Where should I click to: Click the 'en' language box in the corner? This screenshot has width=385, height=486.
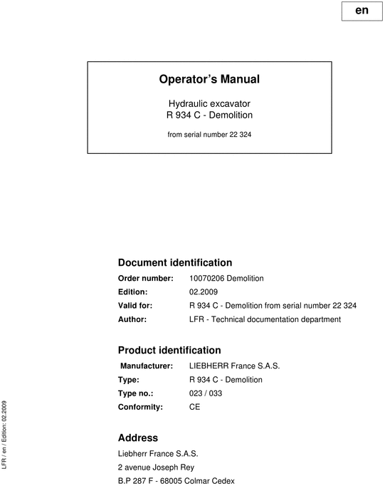click(x=361, y=11)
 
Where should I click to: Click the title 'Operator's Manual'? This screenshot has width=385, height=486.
click(x=209, y=79)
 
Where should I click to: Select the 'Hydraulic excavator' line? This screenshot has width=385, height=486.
click(x=209, y=103)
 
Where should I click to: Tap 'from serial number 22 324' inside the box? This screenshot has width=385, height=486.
click(x=209, y=133)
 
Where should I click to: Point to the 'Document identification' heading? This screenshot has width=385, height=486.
click(x=174, y=262)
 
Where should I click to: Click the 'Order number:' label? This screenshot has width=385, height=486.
click(x=145, y=278)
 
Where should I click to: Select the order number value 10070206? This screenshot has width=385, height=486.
click(x=207, y=278)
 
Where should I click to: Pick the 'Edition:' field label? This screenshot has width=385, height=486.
click(x=132, y=291)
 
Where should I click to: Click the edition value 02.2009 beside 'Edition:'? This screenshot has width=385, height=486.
click(x=205, y=291)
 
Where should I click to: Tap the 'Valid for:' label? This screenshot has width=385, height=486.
click(x=135, y=305)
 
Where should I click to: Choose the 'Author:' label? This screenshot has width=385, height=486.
click(x=132, y=319)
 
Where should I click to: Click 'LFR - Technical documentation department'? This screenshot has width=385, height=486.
click(x=265, y=319)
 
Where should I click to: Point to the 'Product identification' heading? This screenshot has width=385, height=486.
click(x=169, y=350)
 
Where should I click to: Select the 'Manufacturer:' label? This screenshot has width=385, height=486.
click(x=147, y=366)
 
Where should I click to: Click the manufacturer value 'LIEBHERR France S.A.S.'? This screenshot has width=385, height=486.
click(x=234, y=366)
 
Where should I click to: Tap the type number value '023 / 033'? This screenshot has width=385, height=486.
click(x=207, y=393)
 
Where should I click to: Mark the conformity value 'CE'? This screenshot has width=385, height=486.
click(x=194, y=407)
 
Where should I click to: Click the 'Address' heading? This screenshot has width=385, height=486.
click(x=137, y=438)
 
